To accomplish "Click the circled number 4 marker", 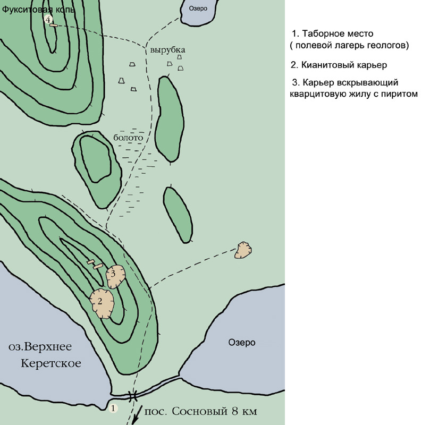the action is point(48,20).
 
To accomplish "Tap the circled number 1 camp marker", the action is point(113,409).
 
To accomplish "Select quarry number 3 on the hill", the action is point(116,276).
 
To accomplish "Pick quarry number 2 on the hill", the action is point(102,303).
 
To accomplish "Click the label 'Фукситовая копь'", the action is point(38,10).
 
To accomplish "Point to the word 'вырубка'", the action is point(167,50).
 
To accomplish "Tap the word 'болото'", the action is point(128,137).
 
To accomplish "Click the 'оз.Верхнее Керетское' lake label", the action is point(45,354).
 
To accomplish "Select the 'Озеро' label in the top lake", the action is point(198,8).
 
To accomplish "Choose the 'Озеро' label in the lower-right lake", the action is point(242,342).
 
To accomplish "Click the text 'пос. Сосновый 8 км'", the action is point(200,411).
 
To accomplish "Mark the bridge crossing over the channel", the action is point(133,396).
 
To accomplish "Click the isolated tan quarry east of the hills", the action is point(243,250).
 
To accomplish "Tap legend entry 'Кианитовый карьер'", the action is point(339,65).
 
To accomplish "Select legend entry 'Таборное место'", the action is point(332,33).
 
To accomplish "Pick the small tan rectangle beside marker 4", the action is point(54,25).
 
